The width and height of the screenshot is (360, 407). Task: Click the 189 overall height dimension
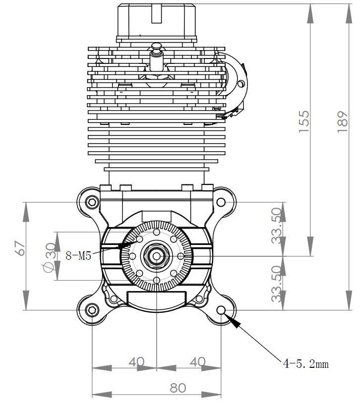point(343,120)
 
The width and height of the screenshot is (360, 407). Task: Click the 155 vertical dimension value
point(304,120)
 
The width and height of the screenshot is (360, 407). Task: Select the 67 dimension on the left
point(20,248)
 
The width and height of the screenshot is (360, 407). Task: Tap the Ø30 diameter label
point(50,257)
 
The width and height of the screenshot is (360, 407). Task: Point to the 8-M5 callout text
point(78,256)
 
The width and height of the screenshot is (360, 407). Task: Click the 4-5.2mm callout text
point(305,364)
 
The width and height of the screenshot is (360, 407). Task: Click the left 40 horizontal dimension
point(136,362)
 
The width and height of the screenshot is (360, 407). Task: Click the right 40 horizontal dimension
point(197,362)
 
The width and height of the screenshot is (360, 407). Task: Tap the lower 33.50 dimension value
point(278,283)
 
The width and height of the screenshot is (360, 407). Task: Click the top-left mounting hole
point(92,202)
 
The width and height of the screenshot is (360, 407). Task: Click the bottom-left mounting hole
point(92,310)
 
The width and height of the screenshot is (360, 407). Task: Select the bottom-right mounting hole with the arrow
point(222,310)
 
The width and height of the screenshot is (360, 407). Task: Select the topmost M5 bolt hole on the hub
point(157,232)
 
